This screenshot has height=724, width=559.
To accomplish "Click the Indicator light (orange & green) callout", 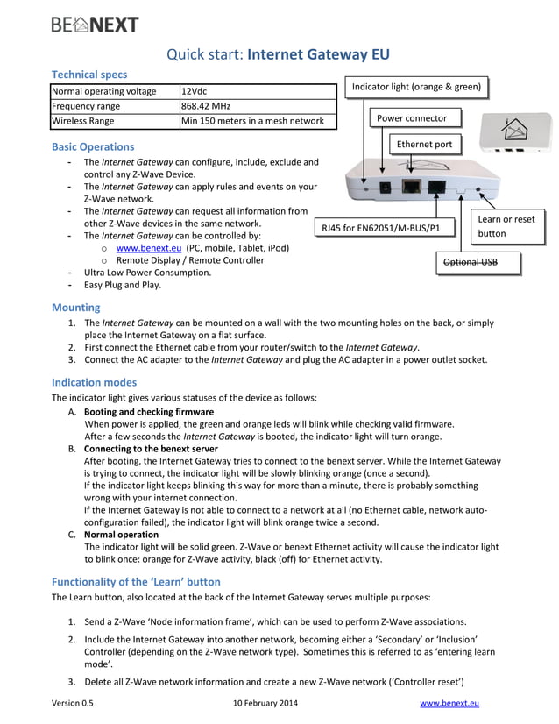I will coord(416,87).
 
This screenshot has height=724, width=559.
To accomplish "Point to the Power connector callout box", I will coord(412,118).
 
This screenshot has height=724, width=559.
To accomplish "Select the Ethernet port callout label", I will coord(424,145).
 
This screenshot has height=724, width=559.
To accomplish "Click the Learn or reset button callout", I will coord(506,226).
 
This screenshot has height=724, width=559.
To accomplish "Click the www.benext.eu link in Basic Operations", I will coord(143,248).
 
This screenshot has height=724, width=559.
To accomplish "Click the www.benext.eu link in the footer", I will coord(449,703).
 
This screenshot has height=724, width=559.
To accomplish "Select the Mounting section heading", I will coord(75,308).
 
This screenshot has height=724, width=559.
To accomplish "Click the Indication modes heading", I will coord(94,382).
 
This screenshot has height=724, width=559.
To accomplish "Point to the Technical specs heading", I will coord(88,75).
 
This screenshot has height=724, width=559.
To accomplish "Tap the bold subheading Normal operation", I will coord(121,534).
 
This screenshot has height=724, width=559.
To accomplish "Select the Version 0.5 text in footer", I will coord(73,703).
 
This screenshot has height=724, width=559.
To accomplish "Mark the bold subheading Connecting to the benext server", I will coord(151,448).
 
